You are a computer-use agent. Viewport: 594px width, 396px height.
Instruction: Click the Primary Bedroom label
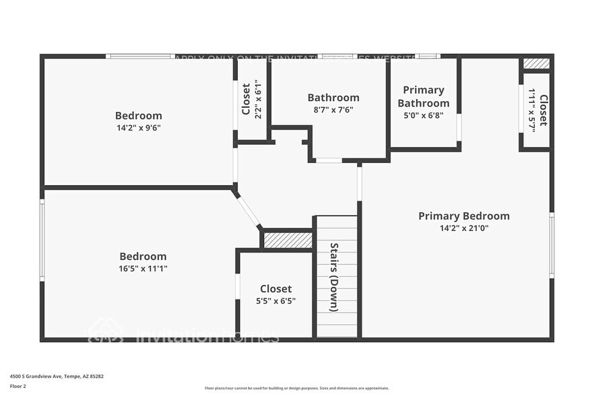(x=463, y=216)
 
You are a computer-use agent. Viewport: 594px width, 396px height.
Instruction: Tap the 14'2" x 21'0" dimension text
(x=463, y=228)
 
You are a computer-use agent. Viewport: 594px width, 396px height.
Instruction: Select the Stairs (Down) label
(x=333, y=277)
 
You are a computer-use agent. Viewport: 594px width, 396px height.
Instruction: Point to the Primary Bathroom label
(x=423, y=96)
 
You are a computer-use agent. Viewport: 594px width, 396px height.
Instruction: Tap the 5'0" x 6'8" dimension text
(x=423, y=115)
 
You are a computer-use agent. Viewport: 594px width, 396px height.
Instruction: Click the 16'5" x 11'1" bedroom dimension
(x=143, y=269)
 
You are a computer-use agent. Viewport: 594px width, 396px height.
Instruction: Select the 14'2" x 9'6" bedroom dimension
(x=138, y=127)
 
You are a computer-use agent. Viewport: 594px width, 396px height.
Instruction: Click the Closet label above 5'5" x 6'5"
(x=275, y=289)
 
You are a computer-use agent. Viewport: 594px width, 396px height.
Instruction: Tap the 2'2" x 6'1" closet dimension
(x=258, y=100)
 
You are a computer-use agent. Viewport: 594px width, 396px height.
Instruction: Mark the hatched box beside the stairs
(x=288, y=240)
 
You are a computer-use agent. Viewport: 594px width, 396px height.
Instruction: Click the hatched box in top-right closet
(x=536, y=64)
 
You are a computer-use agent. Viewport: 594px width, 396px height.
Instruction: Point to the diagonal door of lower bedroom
(x=248, y=211)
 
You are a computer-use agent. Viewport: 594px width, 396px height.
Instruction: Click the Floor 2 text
(x=18, y=387)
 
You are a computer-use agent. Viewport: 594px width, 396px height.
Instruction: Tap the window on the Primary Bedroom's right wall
(x=552, y=244)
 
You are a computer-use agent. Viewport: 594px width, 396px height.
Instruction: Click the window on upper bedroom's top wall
(x=139, y=57)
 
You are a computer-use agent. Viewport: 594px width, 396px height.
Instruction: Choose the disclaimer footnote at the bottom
(x=296, y=388)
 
